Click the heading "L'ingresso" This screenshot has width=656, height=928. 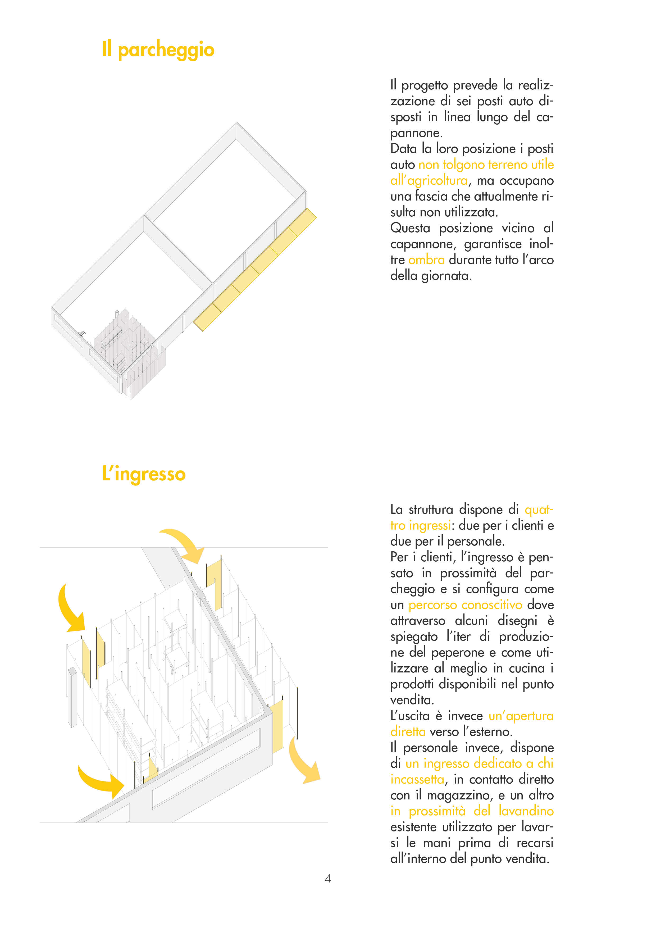(144, 474)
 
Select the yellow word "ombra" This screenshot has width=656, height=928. (426, 260)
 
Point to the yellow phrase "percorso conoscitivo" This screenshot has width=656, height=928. (465, 605)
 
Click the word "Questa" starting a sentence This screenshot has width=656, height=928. (410, 228)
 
